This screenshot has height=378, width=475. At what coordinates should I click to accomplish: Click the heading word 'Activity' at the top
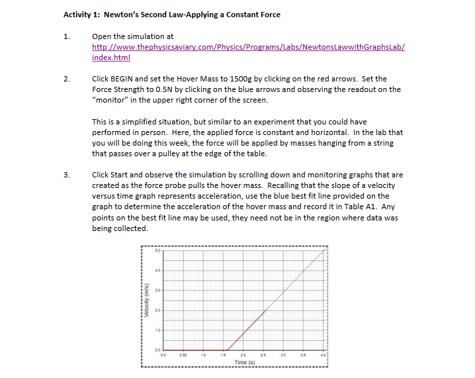click(79, 15)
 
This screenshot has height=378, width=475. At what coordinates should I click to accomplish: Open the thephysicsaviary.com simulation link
click(248, 48)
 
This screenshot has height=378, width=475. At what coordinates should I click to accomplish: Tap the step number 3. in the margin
click(66, 175)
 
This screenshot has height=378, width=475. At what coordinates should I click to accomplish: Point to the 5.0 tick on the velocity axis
click(157, 250)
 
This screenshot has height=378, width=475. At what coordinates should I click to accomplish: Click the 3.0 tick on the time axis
click(284, 355)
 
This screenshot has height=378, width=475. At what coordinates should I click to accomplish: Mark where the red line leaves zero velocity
click(227, 349)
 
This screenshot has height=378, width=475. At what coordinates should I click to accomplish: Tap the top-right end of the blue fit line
click(325, 250)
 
